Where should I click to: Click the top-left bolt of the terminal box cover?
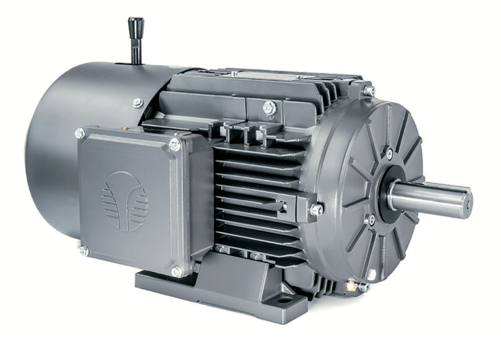coord(80,133)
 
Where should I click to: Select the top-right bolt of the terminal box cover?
coord(175,145)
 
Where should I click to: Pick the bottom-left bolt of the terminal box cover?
coord(83,250)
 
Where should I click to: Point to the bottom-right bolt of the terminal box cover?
coord(177,271)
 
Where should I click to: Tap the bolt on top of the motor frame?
coord(268,108)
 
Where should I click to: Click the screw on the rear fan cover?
coord(137,103)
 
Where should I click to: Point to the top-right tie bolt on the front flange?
coord(369,90)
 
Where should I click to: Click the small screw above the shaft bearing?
coord(389,153)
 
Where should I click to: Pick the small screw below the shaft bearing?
coord(371,220)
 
